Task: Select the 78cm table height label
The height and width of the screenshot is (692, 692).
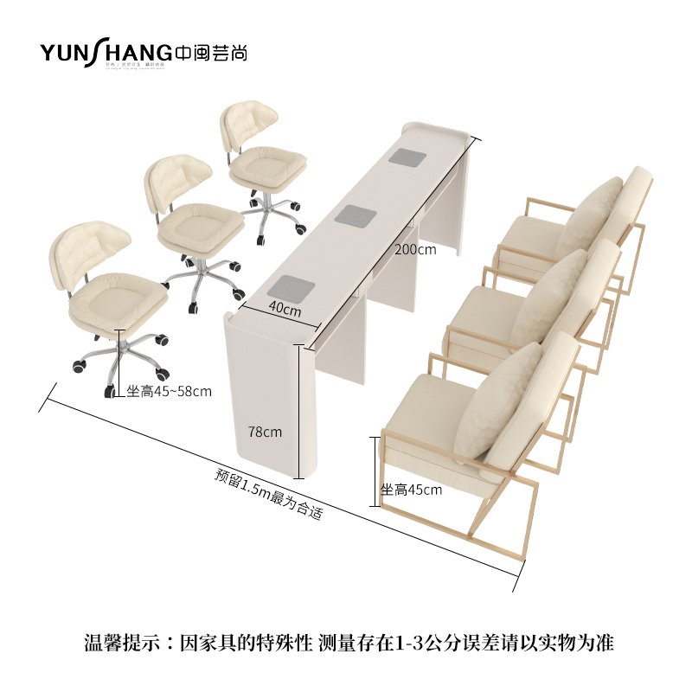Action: [x=263, y=430]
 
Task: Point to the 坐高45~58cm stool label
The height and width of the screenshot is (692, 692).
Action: [x=169, y=391]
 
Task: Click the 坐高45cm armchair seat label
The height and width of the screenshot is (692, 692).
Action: [x=411, y=490]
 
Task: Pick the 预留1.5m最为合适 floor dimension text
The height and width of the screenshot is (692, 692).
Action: [x=269, y=495]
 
